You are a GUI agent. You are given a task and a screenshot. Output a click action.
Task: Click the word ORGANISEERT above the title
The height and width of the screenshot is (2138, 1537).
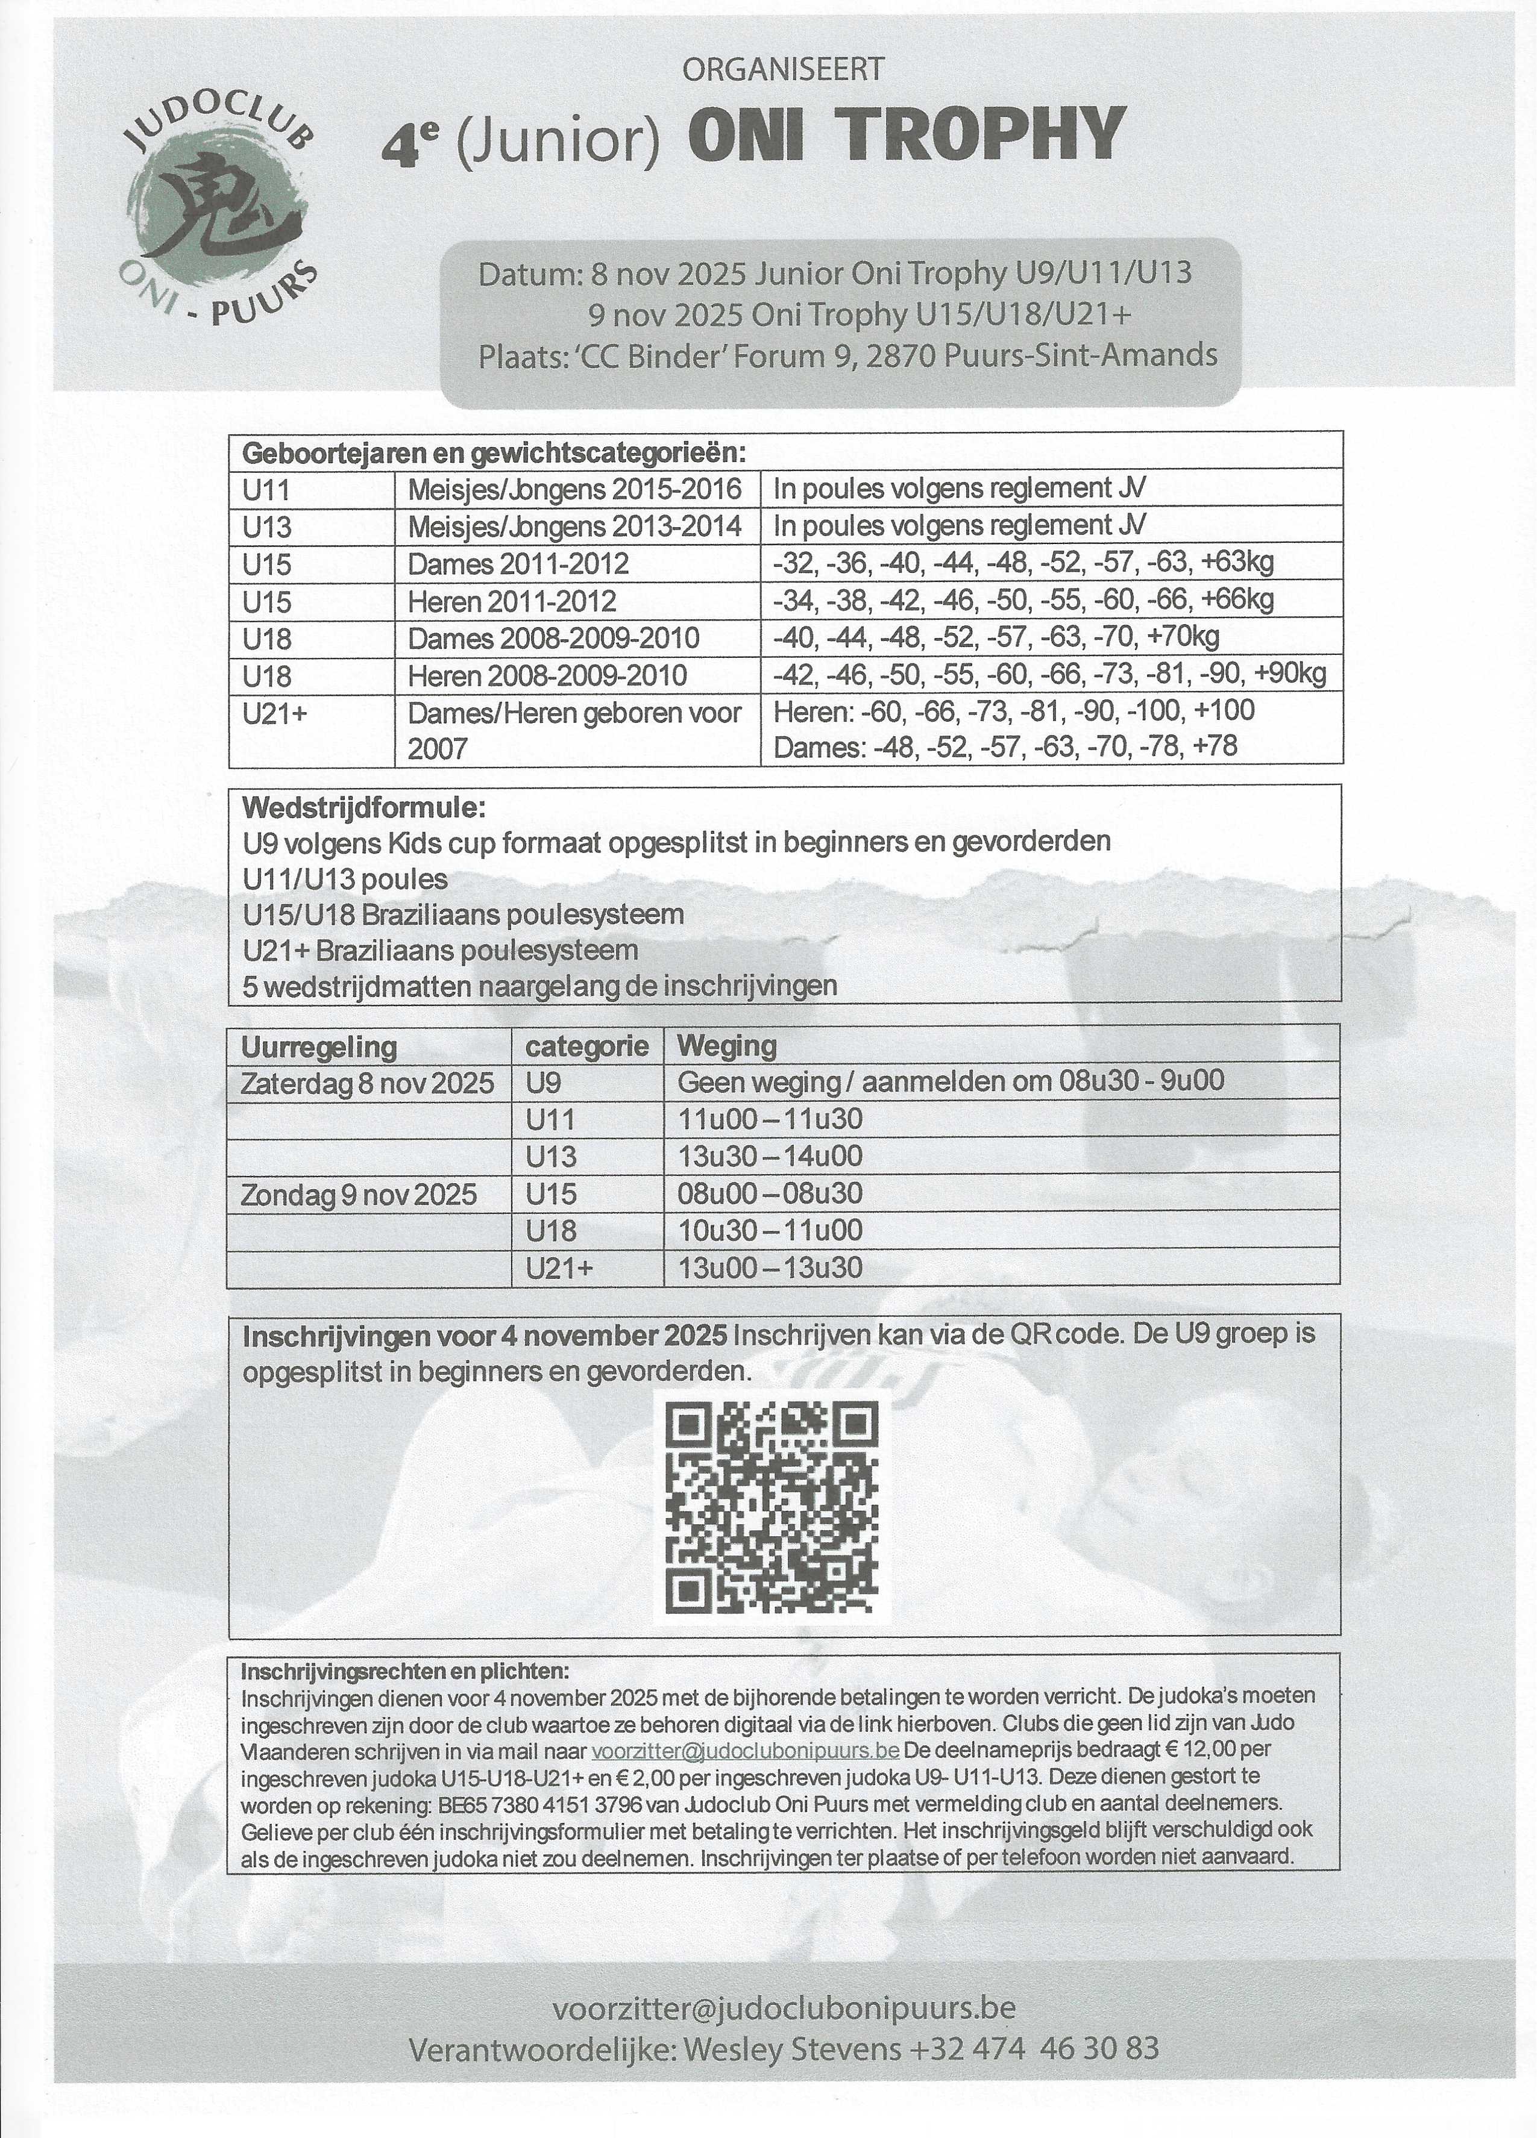(782, 69)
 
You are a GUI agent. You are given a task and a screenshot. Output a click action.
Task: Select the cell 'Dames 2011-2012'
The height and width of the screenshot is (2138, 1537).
(518, 564)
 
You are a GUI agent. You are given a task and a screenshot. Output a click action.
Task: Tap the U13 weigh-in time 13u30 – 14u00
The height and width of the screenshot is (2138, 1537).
(770, 1155)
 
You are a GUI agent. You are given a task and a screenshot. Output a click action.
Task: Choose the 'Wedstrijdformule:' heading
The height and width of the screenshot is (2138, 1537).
(364, 808)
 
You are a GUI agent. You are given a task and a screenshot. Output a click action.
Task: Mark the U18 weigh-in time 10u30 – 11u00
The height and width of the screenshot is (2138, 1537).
(770, 1230)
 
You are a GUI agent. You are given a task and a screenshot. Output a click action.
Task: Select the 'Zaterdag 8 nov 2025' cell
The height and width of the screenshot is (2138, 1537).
(368, 1082)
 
